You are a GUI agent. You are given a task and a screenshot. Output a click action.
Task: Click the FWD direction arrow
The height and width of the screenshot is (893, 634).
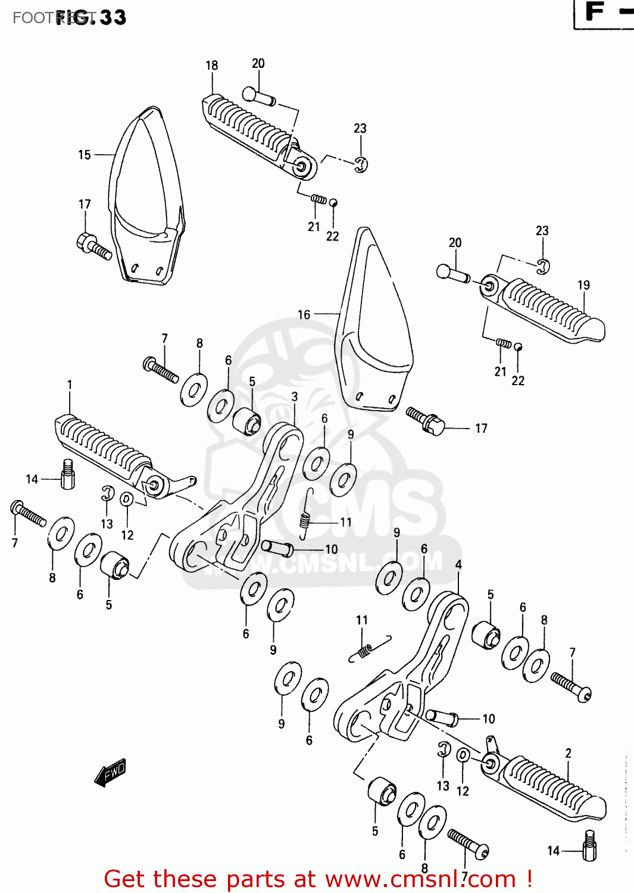pos(111,773)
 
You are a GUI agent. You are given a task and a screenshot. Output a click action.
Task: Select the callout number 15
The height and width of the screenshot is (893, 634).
pos(85,155)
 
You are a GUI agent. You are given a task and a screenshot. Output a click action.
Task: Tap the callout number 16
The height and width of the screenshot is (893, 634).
pos(304,314)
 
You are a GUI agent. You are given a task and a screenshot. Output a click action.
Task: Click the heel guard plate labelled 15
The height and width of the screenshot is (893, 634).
pos(146,196)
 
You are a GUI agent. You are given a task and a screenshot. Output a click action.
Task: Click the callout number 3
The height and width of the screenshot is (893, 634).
pos(295,396)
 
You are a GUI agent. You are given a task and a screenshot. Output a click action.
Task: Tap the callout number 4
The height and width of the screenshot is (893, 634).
pos(458,564)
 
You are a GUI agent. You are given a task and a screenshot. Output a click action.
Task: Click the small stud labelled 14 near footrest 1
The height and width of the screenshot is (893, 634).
pos(68,474)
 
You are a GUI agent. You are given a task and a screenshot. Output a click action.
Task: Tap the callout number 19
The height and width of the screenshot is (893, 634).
pos(583,285)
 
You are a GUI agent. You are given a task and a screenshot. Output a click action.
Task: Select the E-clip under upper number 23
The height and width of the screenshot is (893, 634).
pos(361,164)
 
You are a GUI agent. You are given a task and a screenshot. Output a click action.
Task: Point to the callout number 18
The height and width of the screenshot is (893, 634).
pos(211,65)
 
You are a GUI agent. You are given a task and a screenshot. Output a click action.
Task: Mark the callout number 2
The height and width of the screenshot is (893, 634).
pos(568,753)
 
